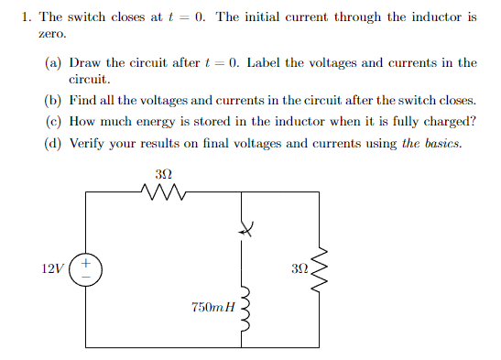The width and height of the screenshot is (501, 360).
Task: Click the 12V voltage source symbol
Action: point(86,270)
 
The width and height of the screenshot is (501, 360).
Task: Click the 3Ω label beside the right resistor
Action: point(298,269)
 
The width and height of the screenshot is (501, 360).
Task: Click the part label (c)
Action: point(53,121)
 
